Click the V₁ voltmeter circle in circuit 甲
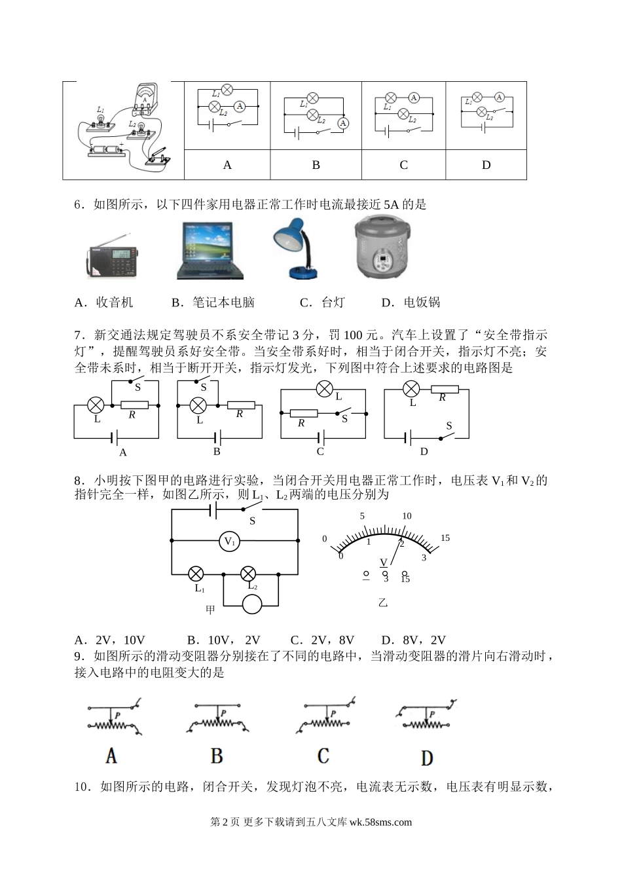(229, 541)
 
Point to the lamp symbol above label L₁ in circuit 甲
(195, 574)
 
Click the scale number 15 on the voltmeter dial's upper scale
(445, 538)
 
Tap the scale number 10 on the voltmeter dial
(407, 516)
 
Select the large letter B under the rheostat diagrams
(217, 757)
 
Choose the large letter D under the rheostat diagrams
(427, 758)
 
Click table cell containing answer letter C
(403, 165)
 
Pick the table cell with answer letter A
(227, 165)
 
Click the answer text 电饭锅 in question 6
(422, 302)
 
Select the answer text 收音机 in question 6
(115, 302)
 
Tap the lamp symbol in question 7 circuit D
(411, 390)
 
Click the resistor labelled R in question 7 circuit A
(135, 405)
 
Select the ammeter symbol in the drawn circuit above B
(342, 122)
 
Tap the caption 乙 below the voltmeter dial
(383, 602)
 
